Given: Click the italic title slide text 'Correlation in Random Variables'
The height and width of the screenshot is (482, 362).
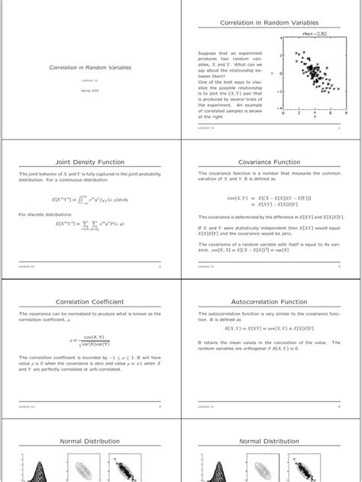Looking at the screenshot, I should pos(90,68).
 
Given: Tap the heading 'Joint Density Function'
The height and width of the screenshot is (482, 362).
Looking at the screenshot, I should pos(90,162).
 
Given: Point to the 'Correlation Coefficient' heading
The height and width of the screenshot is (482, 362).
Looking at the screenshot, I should pos(90,303).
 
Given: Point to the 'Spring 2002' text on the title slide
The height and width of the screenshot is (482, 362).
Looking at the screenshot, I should pos(90,90).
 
